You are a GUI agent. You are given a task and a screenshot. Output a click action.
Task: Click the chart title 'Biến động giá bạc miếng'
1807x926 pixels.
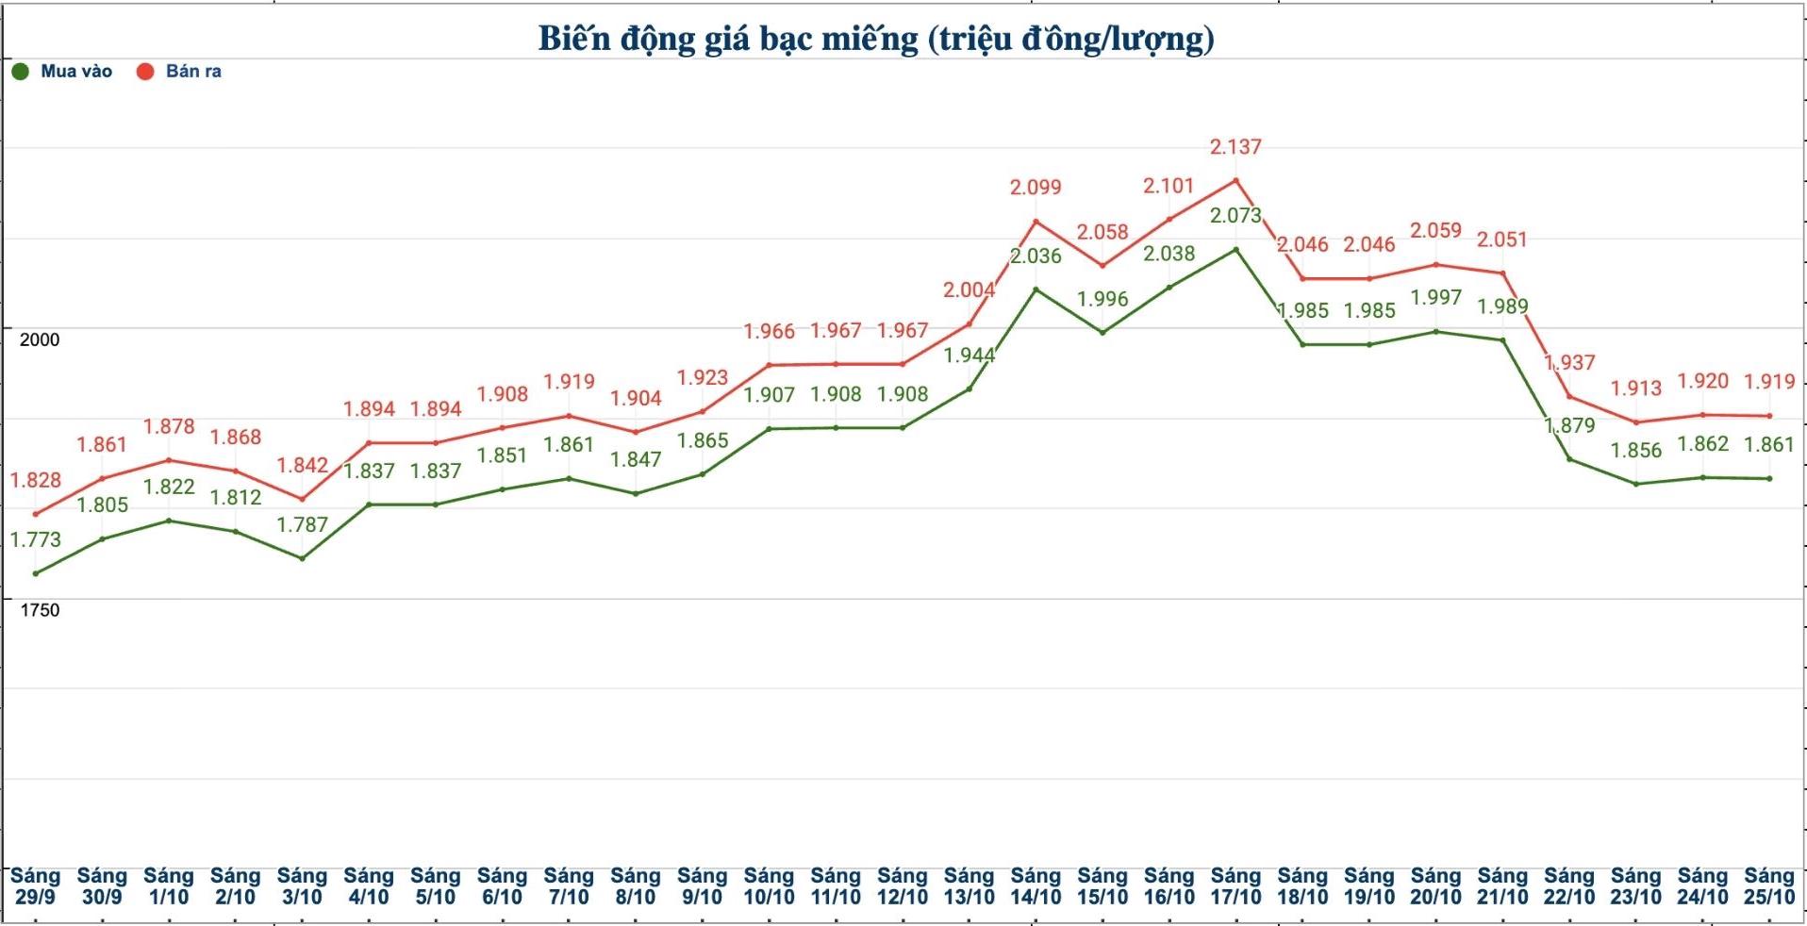[875, 39]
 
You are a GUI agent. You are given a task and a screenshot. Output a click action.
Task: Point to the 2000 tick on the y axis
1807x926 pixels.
[40, 339]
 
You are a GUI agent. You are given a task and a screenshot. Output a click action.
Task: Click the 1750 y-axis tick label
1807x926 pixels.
[40, 610]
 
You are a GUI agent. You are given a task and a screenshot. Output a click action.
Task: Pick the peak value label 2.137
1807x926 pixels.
[1235, 147]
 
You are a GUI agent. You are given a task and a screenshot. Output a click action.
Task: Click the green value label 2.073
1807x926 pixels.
[1235, 216]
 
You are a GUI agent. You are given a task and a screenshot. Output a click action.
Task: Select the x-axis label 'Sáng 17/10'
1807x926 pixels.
[1235, 886]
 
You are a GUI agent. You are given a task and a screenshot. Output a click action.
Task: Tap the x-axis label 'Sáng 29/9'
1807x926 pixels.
[35, 886]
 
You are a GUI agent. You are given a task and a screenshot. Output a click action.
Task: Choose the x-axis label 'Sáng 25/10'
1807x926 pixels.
[1769, 886]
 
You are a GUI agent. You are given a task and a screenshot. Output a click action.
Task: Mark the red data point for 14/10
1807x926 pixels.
[1036, 223]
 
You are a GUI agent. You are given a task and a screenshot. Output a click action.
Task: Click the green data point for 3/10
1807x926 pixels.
[302, 558]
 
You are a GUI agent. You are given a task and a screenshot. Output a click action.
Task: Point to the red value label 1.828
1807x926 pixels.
[36, 480]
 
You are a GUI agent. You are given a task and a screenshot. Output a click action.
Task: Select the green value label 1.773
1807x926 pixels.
[36, 539]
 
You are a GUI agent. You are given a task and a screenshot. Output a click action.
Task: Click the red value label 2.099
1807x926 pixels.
[1036, 188]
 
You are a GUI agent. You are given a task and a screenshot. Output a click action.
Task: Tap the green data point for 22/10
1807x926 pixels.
[1569, 459]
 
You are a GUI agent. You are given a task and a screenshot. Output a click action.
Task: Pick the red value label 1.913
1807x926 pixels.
[1636, 388]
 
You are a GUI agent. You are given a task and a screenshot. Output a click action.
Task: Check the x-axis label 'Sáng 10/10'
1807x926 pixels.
[769, 886]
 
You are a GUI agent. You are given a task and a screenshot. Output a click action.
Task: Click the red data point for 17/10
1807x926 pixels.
[1236, 180]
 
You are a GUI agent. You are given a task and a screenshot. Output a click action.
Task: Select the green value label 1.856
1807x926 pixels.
[1636, 450]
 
